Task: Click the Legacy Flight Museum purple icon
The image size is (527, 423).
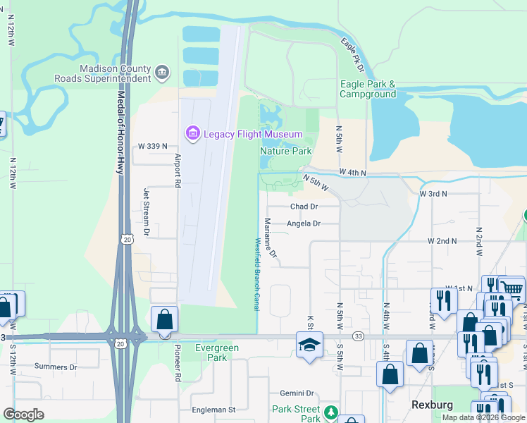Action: pos(192,133)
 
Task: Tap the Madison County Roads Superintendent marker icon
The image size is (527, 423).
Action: pos(163,71)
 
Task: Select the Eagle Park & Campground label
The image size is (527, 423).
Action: pos(368,89)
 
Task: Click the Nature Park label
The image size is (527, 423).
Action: pos(286,151)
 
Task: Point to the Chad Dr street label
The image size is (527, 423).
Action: pos(304,207)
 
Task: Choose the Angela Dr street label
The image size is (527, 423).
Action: pos(304,223)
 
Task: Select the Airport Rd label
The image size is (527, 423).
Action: pos(178,170)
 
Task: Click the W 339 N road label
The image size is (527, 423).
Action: pos(153,146)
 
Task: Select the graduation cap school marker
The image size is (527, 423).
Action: pos(308,345)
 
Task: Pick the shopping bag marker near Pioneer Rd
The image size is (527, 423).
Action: pos(163,319)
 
